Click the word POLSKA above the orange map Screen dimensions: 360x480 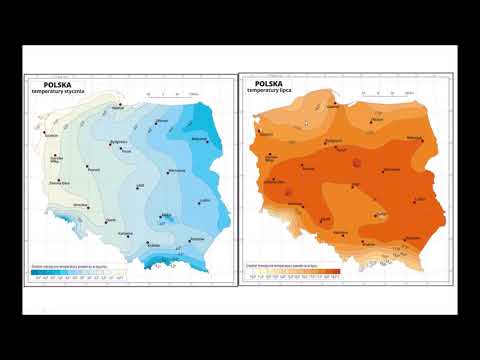coord(269,83)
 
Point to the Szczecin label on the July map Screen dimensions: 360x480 coord(265,132)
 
